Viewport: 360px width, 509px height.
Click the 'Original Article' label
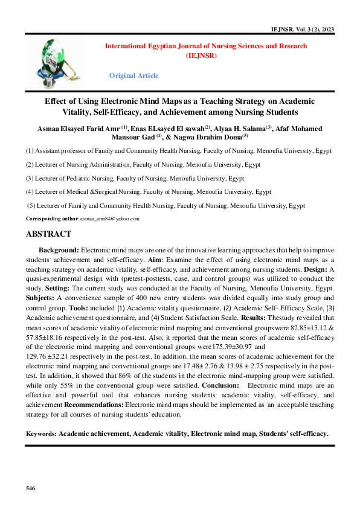point(133,75)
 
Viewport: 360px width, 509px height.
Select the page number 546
point(31,487)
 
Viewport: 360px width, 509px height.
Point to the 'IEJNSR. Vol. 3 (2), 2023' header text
point(304,28)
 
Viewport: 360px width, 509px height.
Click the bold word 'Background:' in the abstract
point(59,249)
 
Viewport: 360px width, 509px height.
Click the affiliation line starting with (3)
point(135,178)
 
